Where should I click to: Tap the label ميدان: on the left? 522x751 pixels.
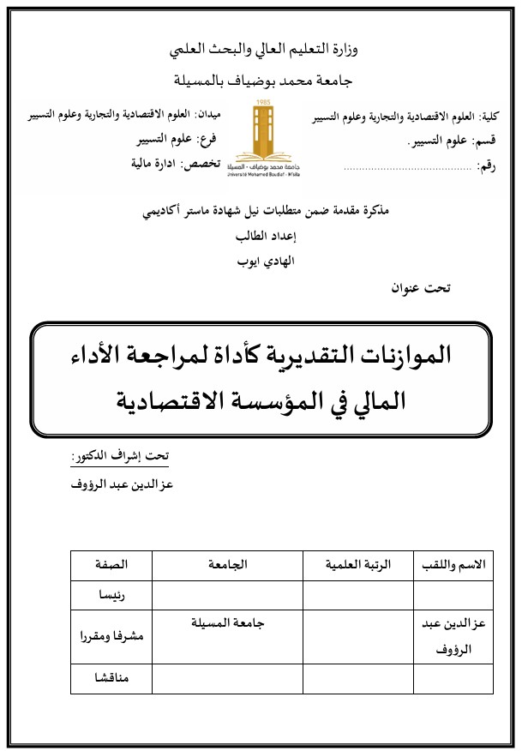(x=208, y=114)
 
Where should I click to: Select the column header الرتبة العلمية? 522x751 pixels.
(x=358, y=565)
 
